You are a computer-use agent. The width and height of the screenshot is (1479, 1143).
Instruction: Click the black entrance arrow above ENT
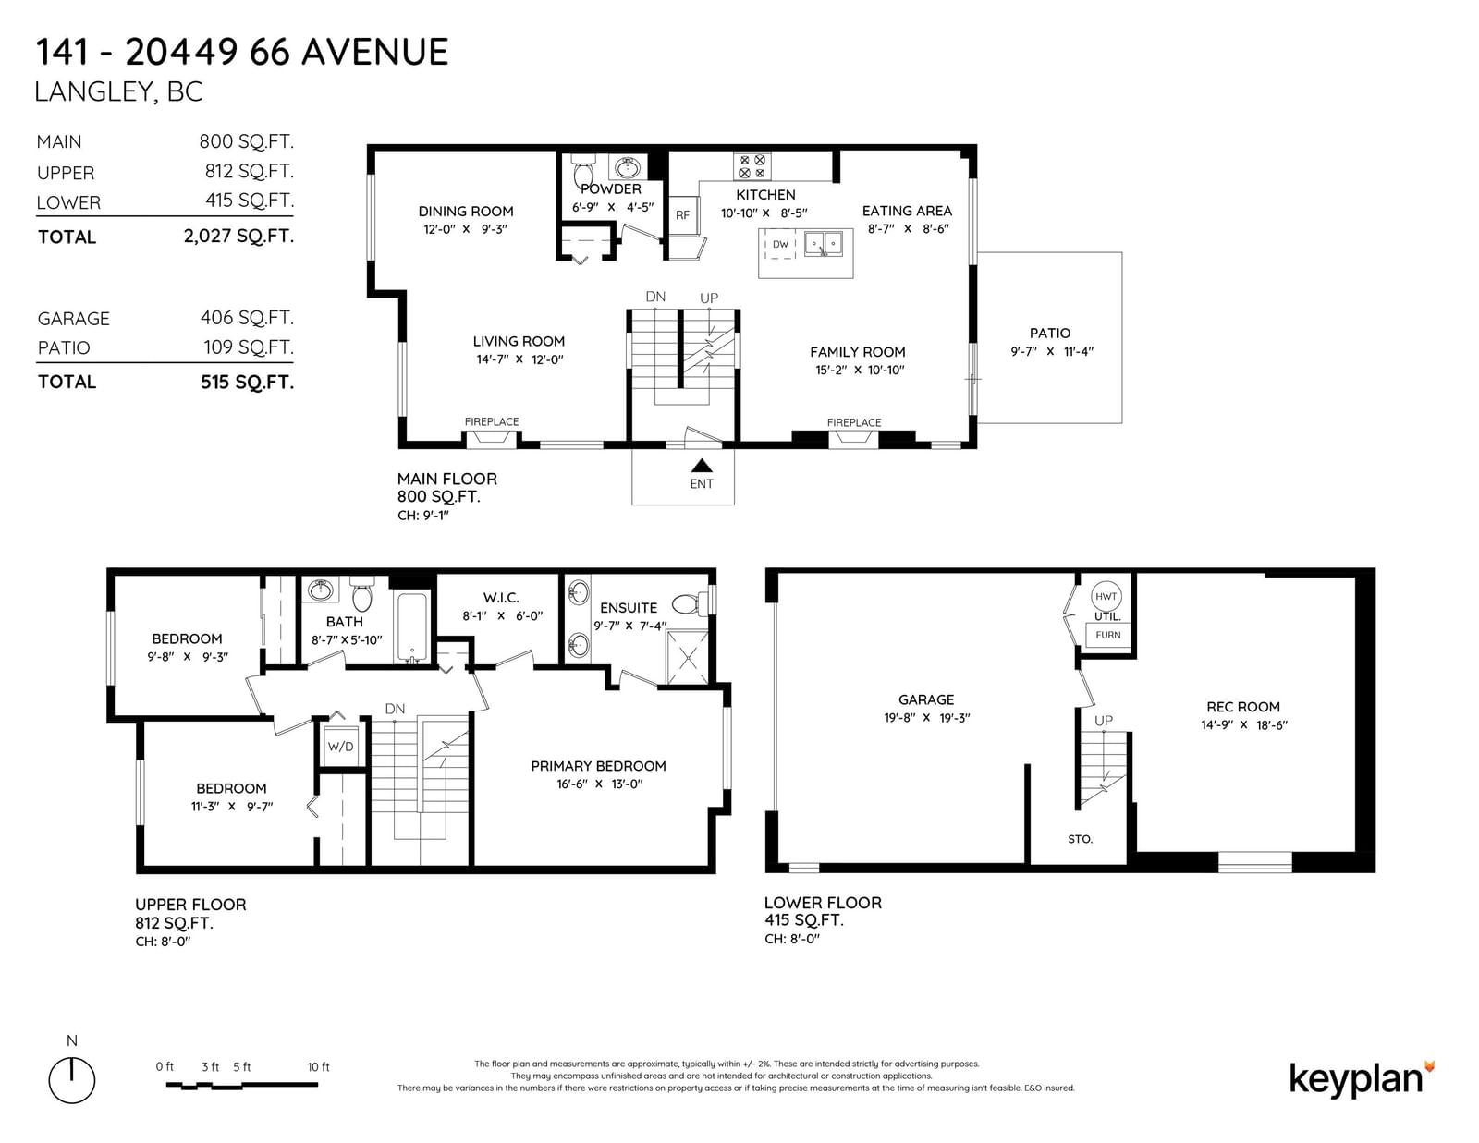click(x=701, y=466)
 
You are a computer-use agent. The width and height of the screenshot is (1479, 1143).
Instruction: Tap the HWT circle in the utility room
click(x=1106, y=596)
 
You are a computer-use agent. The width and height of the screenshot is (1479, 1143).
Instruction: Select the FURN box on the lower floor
click(x=1107, y=635)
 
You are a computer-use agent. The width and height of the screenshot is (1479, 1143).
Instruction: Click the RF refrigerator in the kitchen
click(x=682, y=215)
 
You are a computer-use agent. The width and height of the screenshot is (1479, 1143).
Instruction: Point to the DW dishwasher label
click(x=780, y=244)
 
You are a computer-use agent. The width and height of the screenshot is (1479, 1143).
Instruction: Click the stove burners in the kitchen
click(x=752, y=166)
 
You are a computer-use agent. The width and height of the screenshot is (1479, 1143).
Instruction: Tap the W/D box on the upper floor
click(x=340, y=747)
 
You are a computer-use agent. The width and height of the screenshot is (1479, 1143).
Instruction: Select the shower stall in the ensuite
click(x=688, y=657)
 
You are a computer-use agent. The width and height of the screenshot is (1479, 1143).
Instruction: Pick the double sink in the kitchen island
click(x=824, y=243)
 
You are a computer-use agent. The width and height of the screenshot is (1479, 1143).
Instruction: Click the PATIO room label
click(x=1049, y=334)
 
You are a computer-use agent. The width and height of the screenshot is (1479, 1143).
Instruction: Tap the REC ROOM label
click(x=1243, y=707)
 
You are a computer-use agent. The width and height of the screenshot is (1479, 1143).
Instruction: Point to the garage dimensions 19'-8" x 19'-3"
click(x=926, y=718)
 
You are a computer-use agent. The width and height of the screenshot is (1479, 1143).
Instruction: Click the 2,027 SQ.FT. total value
click(x=238, y=237)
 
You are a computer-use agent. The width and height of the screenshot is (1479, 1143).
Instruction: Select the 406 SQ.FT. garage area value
click(x=247, y=318)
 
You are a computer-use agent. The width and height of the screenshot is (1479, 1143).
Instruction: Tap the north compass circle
click(x=71, y=1080)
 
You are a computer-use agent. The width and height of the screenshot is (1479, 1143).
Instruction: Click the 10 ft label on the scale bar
click(x=318, y=1067)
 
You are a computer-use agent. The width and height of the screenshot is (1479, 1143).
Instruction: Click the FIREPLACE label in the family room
click(x=853, y=422)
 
